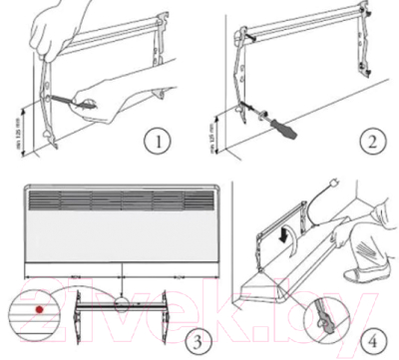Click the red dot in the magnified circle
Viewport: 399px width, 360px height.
click(37, 309)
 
